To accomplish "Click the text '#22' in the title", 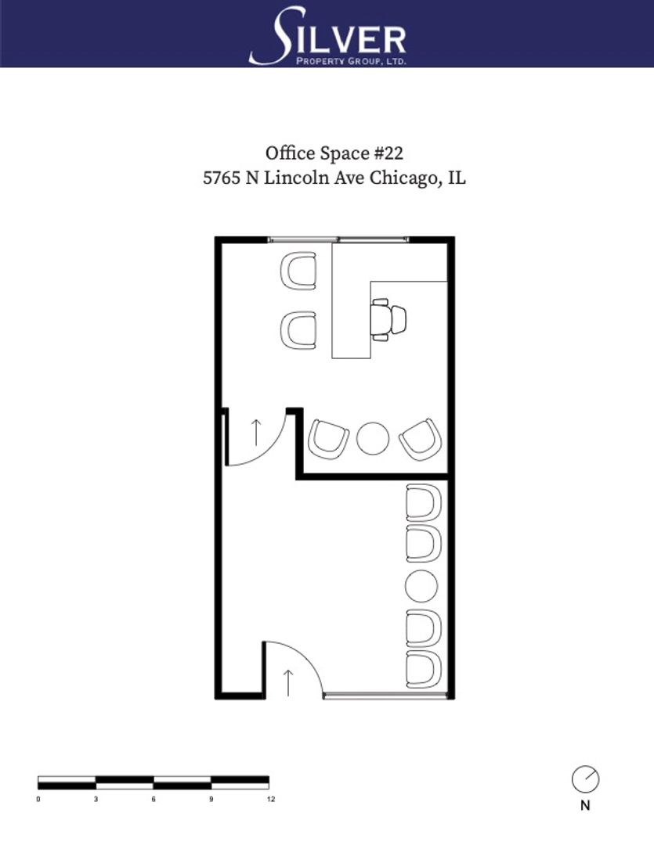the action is (388, 153).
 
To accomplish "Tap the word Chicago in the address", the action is (403, 178).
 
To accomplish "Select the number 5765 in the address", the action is (221, 178).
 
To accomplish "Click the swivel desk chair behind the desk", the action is (388, 319).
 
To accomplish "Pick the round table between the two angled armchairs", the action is (373, 438).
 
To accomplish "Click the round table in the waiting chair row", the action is (421, 586).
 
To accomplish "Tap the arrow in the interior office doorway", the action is (256, 433).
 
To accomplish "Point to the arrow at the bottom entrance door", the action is (288, 682).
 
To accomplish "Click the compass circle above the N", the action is (586, 779).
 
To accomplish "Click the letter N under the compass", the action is (586, 806).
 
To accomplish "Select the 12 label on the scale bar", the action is (271, 799).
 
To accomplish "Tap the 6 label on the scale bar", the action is (154, 799).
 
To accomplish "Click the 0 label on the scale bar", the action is (38, 799).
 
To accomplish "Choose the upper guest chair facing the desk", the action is (298, 271).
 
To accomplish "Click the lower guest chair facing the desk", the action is (298, 330).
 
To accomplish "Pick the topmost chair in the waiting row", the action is (424, 502).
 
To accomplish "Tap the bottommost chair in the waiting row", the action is (424, 669).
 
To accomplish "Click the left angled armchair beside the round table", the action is (328, 440).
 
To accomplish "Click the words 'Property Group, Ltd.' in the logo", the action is (352, 62).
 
